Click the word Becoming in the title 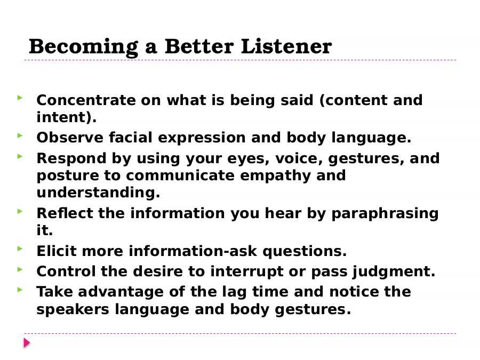pos(83,47)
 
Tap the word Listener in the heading pos(286,46)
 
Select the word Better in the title pos(199,46)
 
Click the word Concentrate pos(86,100)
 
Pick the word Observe pos(70,138)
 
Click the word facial pos(131,138)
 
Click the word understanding pos(98,193)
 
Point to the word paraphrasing pos(385,214)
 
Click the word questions pos(305,252)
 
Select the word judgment pos(394,272)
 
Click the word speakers pos(73,309)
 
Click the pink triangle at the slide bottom pos(27,343)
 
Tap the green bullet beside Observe pos(20,135)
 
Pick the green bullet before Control pos(20,269)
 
